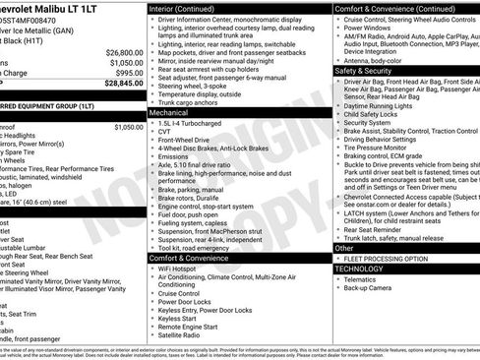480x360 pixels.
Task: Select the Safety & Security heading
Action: [x=359, y=71]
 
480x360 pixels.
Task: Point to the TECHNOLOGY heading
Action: [x=358, y=268]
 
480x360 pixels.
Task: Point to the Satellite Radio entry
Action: [x=185, y=335]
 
